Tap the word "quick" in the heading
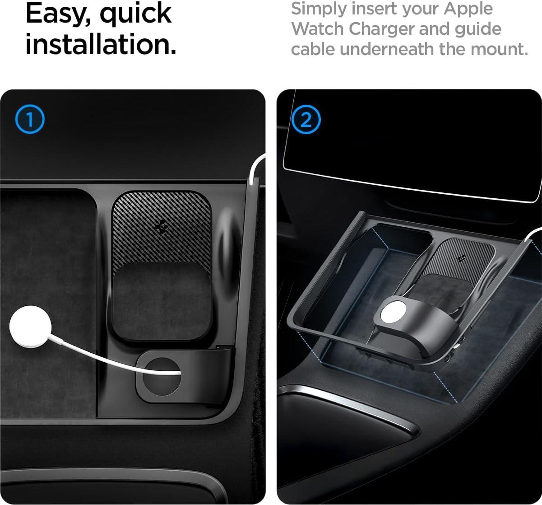click(x=136, y=14)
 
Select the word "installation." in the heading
click(x=101, y=44)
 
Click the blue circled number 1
click(x=30, y=119)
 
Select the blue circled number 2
click(x=306, y=119)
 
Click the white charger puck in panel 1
click(x=30, y=327)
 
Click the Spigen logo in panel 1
click(x=162, y=227)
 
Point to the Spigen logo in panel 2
click(x=462, y=258)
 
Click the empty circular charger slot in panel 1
click(x=162, y=377)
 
